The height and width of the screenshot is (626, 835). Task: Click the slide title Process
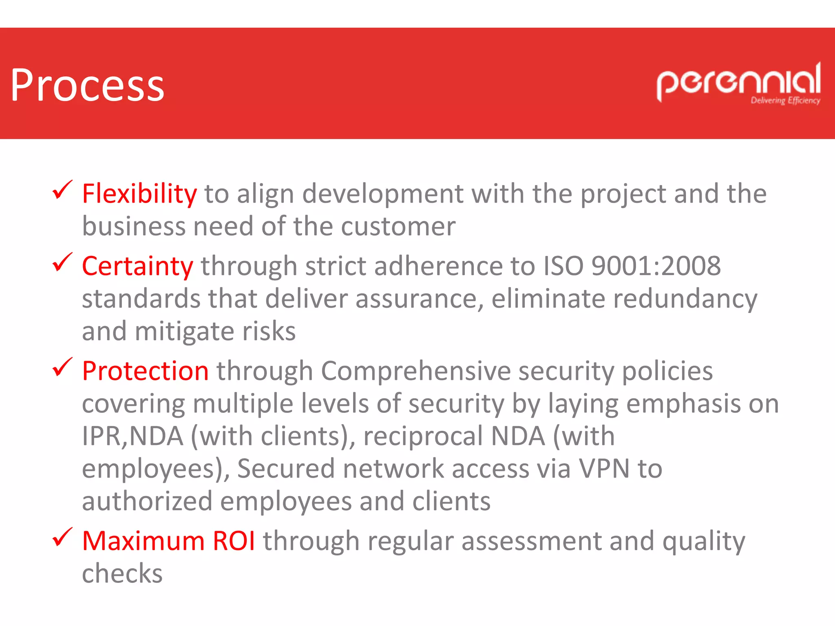87,86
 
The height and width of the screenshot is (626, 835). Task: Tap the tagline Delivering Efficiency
785,101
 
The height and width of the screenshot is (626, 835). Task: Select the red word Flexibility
139,194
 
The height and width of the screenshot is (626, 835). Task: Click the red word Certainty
137,266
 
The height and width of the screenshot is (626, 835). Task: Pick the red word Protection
145,371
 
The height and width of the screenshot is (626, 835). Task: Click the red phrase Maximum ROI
168,541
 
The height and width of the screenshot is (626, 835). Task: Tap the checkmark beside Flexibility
62,190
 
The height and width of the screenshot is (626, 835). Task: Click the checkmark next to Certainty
62,262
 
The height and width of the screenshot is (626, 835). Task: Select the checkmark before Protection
62,367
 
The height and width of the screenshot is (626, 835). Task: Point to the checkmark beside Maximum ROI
62,537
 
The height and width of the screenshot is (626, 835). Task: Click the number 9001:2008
656,266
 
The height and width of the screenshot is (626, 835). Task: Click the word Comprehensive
416,371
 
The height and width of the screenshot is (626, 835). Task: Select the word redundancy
685,299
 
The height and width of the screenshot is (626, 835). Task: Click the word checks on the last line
122,573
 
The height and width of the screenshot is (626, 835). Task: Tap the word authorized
147,501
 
